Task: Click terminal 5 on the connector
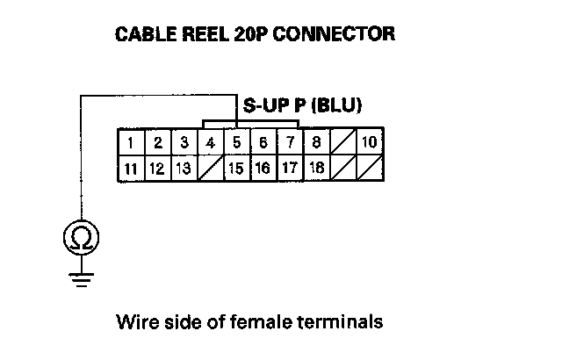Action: click(x=237, y=142)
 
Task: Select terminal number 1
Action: click(x=131, y=142)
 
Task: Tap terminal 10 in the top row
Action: click(x=369, y=142)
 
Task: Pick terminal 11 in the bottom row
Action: click(x=131, y=169)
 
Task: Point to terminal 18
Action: click(x=316, y=169)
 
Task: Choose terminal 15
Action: click(x=236, y=169)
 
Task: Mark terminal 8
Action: click(x=316, y=142)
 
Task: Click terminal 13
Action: click(x=184, y=169)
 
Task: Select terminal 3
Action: click(x=184, y=142)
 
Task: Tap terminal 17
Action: click(x=290, y=169)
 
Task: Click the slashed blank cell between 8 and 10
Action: click(x=342, y=142)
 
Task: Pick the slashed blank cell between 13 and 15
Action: click(x=210, y=169)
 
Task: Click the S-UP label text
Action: click(x=264, y=106)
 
